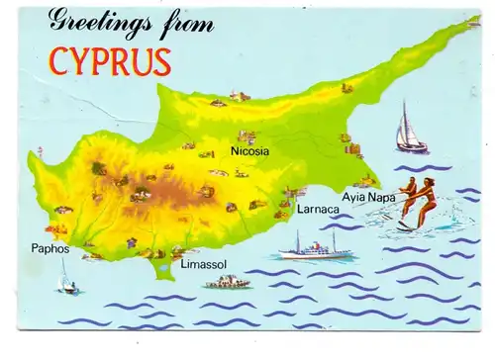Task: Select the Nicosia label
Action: click(249, 152)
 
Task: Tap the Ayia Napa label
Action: click(368, 197)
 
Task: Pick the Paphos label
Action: click(49, 248)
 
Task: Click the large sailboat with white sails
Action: click(410, 129)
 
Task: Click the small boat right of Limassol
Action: click(228, 283)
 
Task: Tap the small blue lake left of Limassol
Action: click(158, 253)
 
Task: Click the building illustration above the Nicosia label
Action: click(247, 136)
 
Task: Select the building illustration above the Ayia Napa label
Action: click(365, 181)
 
